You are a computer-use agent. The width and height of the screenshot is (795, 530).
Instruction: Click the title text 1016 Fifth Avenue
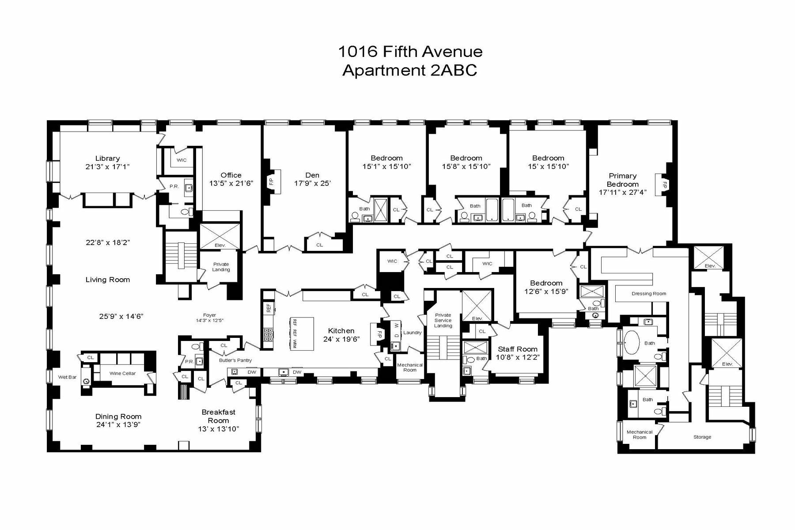point(410,52)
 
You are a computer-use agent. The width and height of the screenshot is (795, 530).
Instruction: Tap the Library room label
point(107,158)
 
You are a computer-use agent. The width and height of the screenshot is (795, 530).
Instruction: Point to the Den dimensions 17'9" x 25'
point(312,183)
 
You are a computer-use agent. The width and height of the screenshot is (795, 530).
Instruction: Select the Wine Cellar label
point(122,373)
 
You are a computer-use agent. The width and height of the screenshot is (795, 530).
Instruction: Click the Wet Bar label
point(67,377)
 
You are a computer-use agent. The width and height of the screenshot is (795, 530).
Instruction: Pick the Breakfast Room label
point(219,416)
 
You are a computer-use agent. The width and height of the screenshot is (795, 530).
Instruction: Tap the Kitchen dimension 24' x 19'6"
point(341,339)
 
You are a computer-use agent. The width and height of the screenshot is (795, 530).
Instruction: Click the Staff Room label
point(518,349)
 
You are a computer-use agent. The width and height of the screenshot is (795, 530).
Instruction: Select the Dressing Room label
point(648,293)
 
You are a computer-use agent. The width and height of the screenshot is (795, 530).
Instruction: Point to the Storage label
point(702,437)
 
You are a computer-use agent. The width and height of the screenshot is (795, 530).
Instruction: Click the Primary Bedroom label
point(623,180)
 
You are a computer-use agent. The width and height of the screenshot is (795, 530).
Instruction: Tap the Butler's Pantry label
point(235,360)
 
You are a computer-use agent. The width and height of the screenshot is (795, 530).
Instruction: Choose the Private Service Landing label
point(443,320)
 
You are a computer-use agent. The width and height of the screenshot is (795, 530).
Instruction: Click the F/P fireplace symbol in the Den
point(272,181)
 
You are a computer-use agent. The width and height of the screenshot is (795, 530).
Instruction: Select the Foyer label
point(209,315)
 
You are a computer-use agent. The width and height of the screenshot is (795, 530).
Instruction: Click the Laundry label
point(413,333)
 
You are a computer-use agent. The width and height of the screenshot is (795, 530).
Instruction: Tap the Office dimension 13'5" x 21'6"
point(231,183)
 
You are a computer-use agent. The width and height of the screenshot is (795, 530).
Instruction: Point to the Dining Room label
point(118,416)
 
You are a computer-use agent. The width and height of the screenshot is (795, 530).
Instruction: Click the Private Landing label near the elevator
point(221,267)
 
